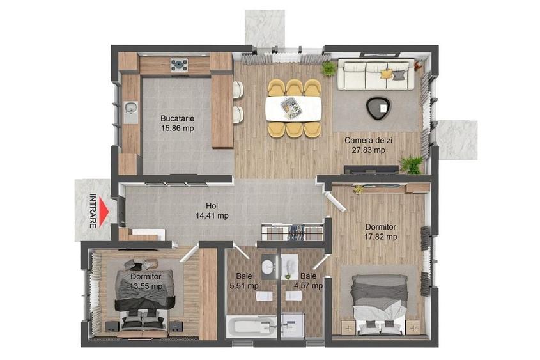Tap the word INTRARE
coord(93,210)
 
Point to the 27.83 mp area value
coord(369,150)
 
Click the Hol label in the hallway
coord(212,207)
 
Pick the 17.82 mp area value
coord(381,237)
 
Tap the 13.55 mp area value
coord(146,286)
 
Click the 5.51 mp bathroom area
coord(244,286)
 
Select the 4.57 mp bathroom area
coord(307,286)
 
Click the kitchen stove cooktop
coord(178,65)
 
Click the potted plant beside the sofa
coord(329,68)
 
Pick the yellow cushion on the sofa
coord(387,74)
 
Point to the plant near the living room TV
coord(411,165)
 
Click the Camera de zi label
coord(365,140)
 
